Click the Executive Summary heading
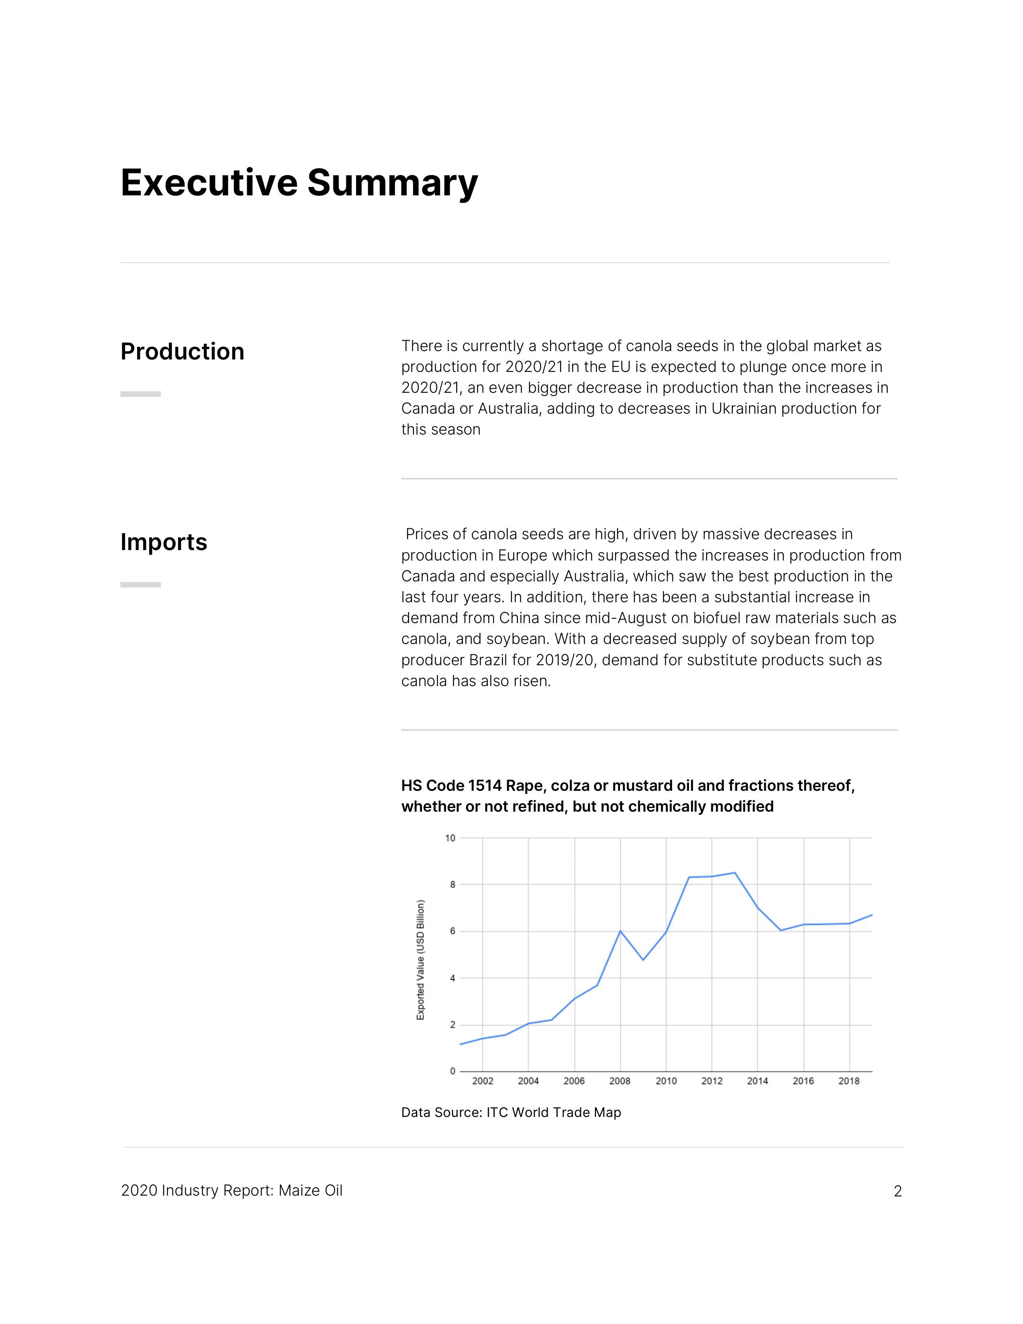pos(299,183)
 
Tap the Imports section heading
pos(164,542)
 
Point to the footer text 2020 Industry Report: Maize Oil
pos(231,1191)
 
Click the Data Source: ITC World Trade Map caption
pos(511,1113)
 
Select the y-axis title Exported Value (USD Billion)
pos(420,960)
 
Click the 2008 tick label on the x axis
pos(619,1081)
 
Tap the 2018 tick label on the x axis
pos(848,1081)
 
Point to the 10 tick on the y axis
pos(450,839)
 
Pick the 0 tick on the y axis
pos(452,1071)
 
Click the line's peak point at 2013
pos(735,873)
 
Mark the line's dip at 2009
pos(643,960)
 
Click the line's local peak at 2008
pos(620,930)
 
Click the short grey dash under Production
pos(140,394)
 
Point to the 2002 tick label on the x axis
pos(482,1081)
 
